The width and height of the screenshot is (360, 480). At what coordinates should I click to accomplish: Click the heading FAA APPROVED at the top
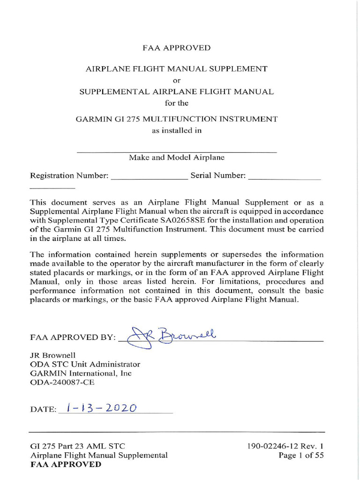click(x=176, y=48)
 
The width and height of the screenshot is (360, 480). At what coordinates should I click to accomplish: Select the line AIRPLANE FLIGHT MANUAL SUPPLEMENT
click(x=176, y=69)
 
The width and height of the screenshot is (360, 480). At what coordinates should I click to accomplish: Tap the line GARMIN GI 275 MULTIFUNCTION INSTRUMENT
click(x=176, y=119)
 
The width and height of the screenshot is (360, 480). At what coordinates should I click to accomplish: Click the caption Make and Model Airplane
click(x=177, y=157)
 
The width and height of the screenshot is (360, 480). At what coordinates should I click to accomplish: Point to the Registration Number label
click(x=69, y=176)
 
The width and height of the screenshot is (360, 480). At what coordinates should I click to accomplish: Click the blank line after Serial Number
click(x=284, y=179)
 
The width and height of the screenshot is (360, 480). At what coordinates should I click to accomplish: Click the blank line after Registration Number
click(x=149, y=179)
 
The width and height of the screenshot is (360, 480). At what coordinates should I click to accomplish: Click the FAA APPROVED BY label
click(x=73, y=337)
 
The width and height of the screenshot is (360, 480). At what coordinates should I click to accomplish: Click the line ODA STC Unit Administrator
click(x=85, y=364)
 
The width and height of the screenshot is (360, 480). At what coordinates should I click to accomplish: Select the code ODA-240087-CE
click(x=62, y=382)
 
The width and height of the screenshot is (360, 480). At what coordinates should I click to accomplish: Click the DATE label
click(x=43, y=409)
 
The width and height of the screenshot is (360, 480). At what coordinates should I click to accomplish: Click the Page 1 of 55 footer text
click(x=300, y=455)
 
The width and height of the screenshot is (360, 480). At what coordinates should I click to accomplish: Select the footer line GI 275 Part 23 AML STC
click(x=77, y=446)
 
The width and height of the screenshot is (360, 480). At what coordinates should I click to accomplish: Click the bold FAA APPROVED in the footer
click(x=66, y=465)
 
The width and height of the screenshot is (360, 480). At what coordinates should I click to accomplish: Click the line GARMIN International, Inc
click(x=81, y=374)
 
